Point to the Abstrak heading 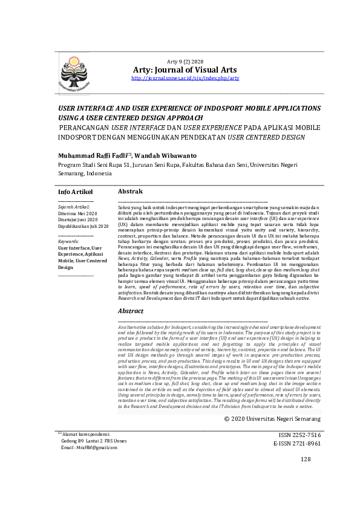click(x=130, y=192)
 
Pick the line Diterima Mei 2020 click(x=77, y=214)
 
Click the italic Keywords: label click(x=68, y=241)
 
